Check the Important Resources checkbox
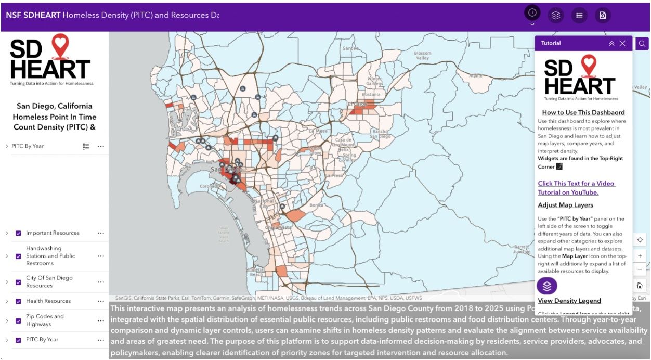(x=18, y=233)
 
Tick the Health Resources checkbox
(x=18, y=301)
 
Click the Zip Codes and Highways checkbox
(x=18, y=320)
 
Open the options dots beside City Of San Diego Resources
(x=101, y=282)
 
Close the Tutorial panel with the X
(x=622, y=43)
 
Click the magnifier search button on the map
(x=642, y=44)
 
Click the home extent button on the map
(x=640, y=286)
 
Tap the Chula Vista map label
(x=279, y=227)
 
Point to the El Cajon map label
(x=357, y=105)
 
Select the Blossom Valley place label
(x=422, y=56)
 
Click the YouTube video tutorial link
(x=576, y=188)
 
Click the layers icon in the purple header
(x=556, y=15)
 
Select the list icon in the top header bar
(x=579, y=15)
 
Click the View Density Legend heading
(x=569, y=301)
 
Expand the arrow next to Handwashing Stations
(x=7, y=256)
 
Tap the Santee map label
(x=350, y=48)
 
